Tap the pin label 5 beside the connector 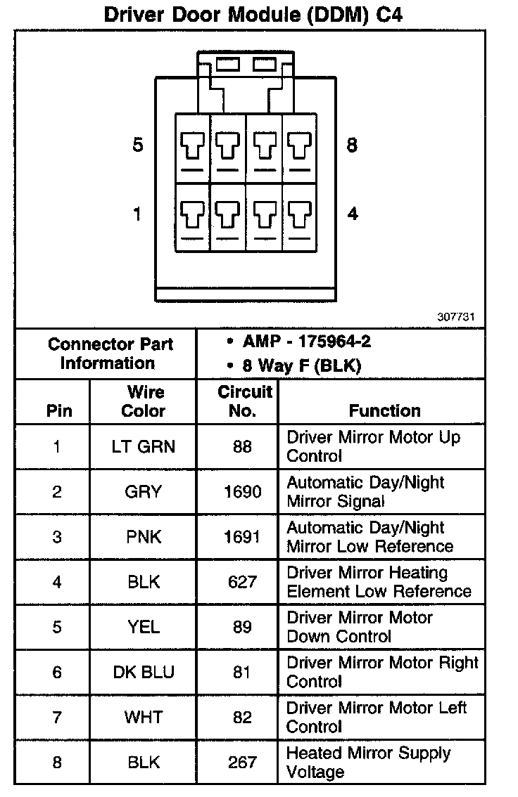tap(138, 145)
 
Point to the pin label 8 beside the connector tap(352, 145)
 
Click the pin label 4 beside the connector tap(352, 214)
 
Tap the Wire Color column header tap(144, 401)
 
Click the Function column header tap(384, 410)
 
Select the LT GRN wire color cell tap(144, 446)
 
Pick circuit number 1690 tap(242, 492)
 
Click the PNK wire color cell tap(144, 537)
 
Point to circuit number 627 tap(242, 582)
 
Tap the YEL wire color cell tap(144, 627)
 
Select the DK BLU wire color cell tap(144, 672)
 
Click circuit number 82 tap(242, 717)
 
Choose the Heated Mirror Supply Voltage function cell tap(367, 763)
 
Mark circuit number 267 tap(242, 762)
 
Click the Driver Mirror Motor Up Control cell tap(373, 446)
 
